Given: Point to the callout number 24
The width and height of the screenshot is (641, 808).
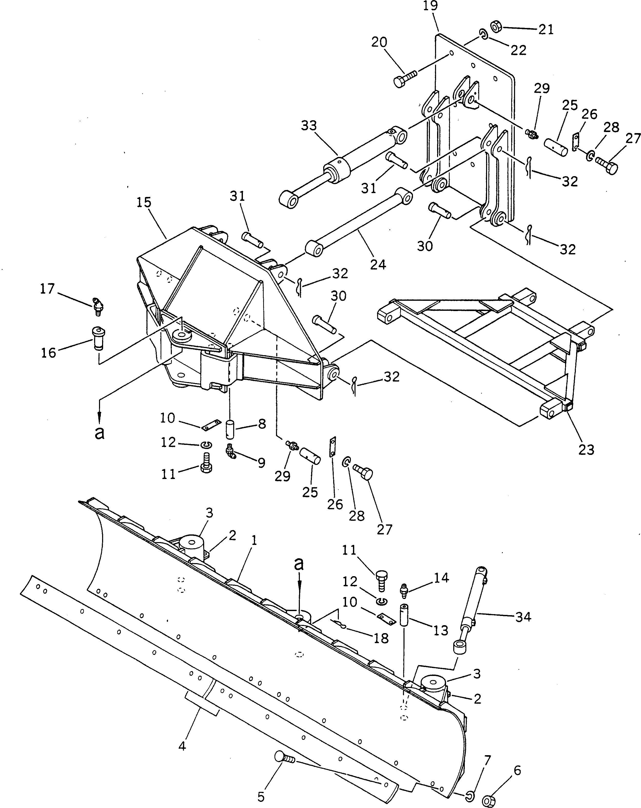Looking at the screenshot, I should pyautogui.click(x=378, y=265).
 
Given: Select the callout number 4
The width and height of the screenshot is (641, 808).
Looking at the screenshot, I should pyautogui.click(x=182, y=746).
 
